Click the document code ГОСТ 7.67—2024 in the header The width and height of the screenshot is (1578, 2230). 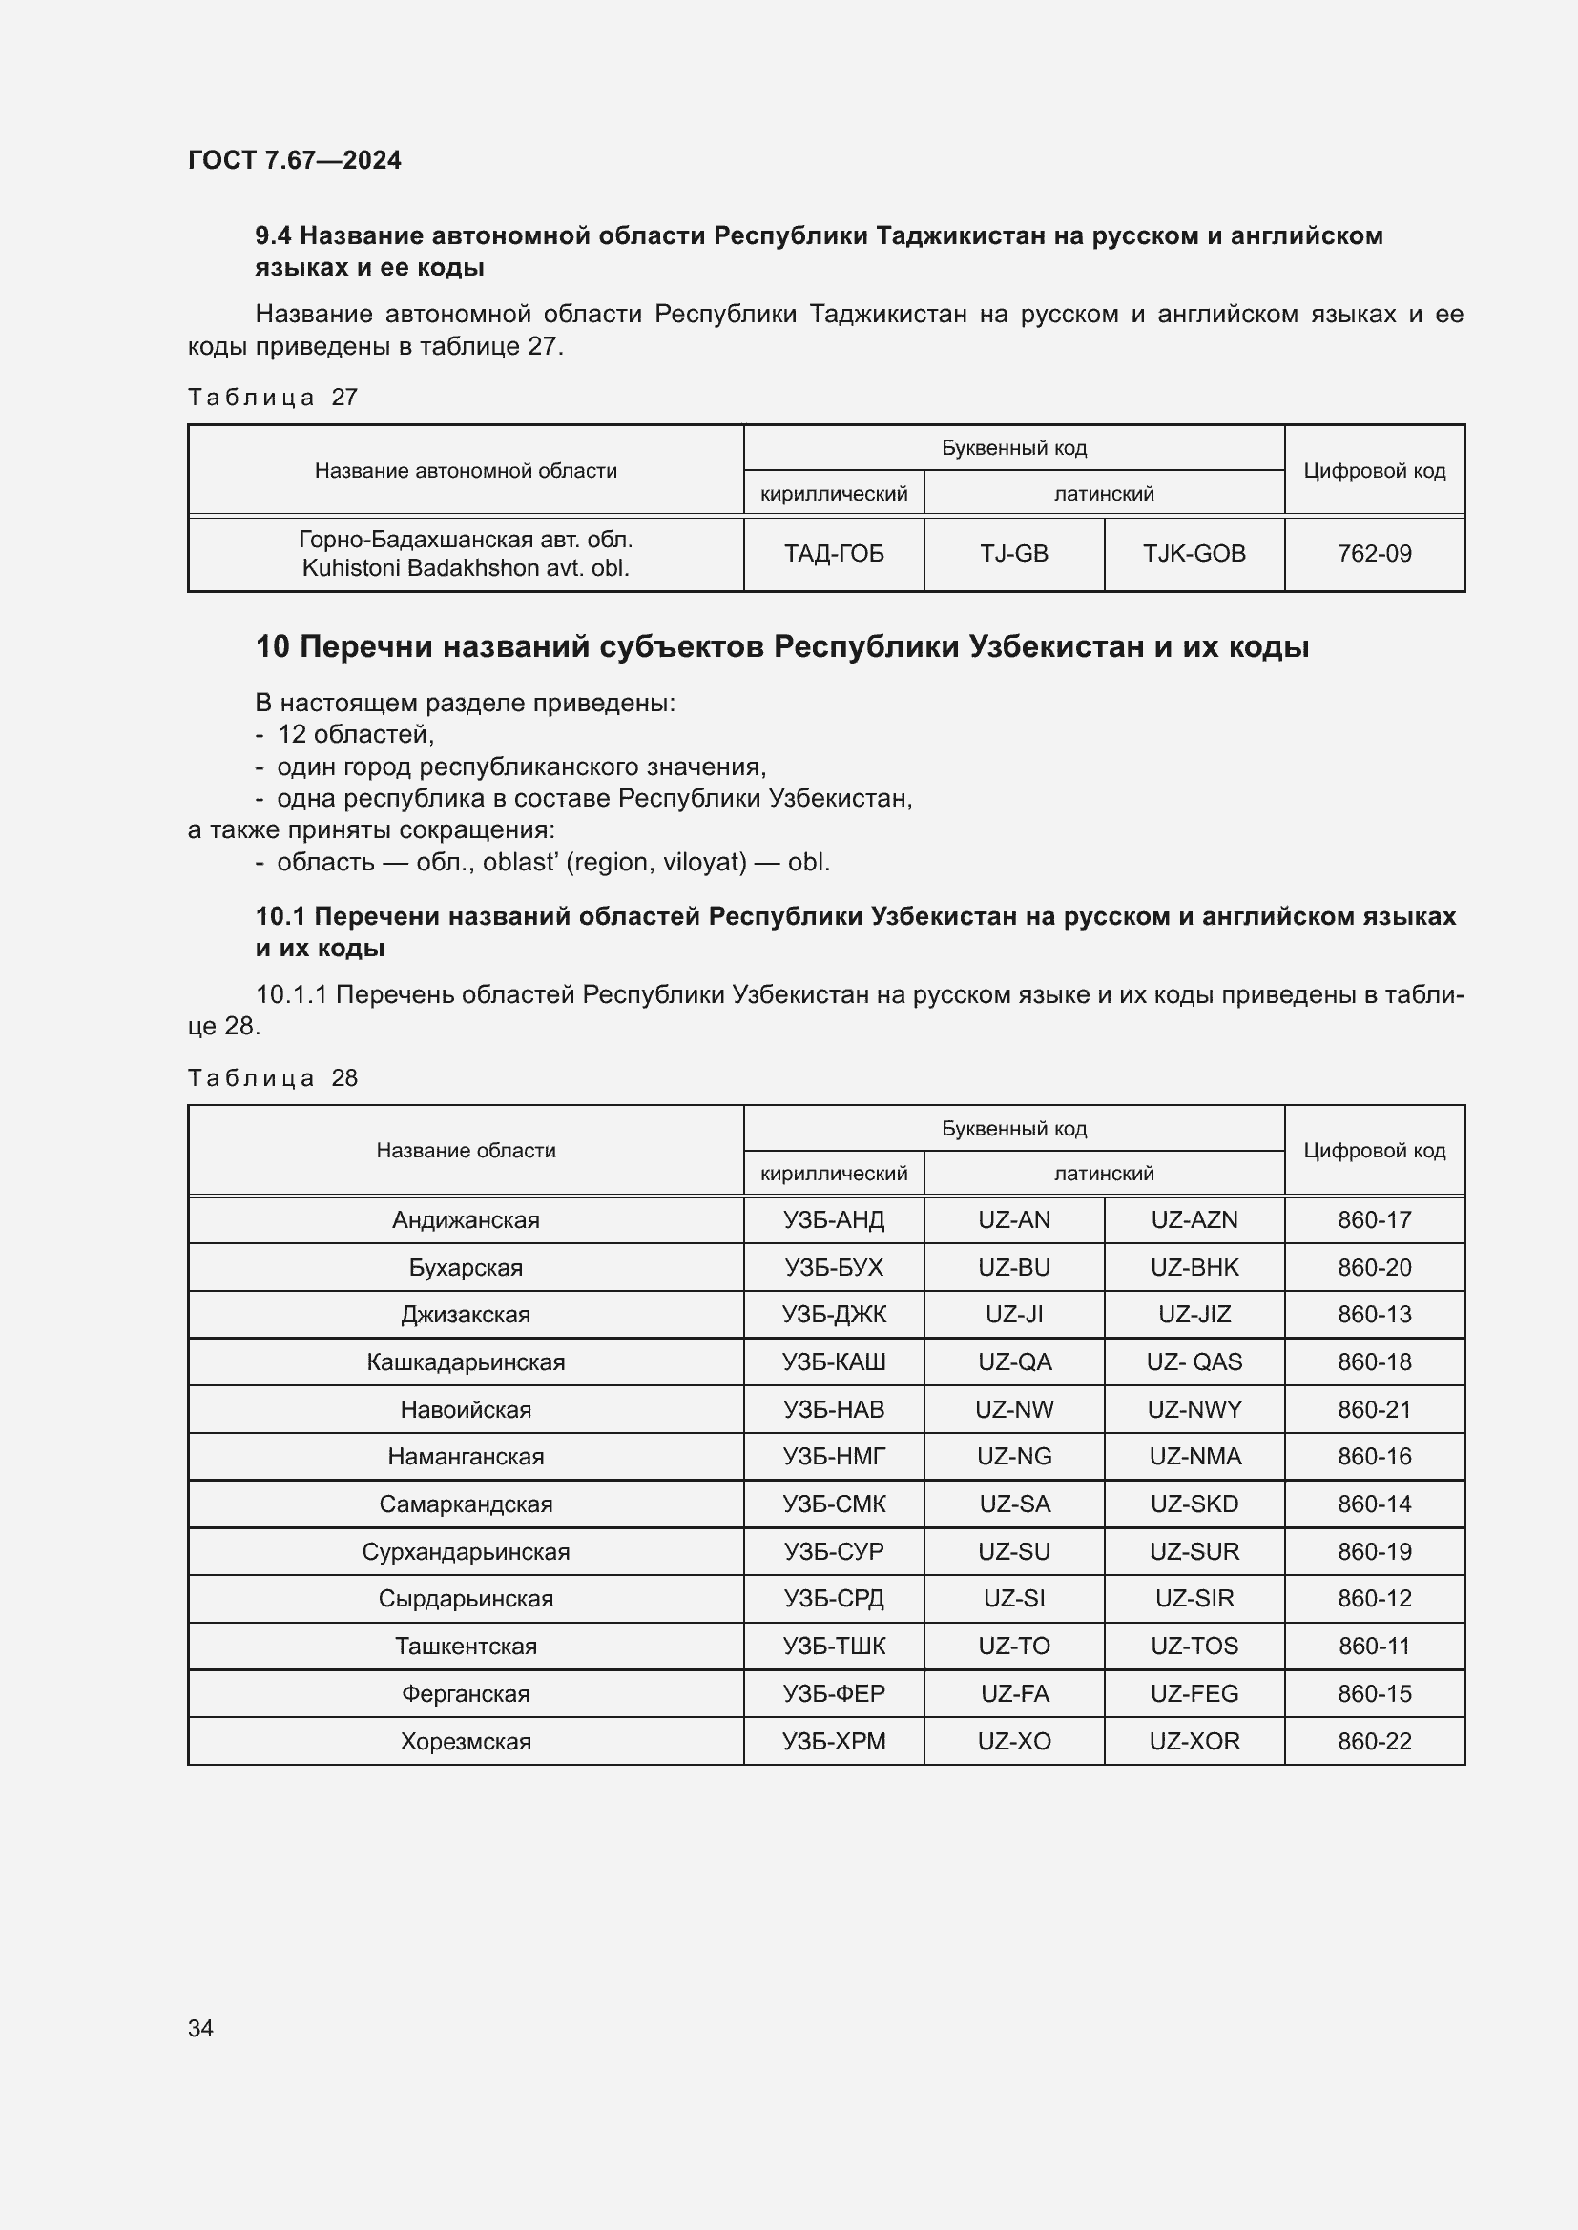pos(294,160)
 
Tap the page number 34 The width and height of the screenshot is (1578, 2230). pos(200,2028)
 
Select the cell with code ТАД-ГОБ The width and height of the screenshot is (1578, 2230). pos(834,554)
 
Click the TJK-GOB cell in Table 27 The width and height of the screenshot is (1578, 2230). pos(1194,554)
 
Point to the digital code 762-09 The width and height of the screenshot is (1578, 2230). pos(1374,554)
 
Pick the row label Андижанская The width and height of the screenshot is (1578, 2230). pos(466,1220)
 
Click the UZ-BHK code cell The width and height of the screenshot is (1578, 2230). pos(1194,1267)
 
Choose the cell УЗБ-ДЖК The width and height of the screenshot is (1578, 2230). pos(834,1314)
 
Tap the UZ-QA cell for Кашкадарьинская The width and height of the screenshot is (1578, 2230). pos(1013,1361)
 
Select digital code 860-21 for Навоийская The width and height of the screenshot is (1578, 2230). pos(1374,1409)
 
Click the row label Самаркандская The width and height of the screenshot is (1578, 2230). pos(466,1504)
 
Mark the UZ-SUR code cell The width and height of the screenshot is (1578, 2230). pos(1194,1551)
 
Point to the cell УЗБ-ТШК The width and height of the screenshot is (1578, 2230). pos(834,1647)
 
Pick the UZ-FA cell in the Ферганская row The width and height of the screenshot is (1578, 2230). pos(1013,1694)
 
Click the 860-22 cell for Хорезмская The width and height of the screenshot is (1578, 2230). pos(1374,1742)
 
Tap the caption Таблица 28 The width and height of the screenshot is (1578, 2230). pos(272,1078)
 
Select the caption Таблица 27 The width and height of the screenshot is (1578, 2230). pos(272,398)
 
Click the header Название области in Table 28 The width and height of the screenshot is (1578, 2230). pos(466,1150)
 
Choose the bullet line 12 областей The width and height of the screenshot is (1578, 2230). pos(355,734)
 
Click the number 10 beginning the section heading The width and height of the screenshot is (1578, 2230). pos(272,646)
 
